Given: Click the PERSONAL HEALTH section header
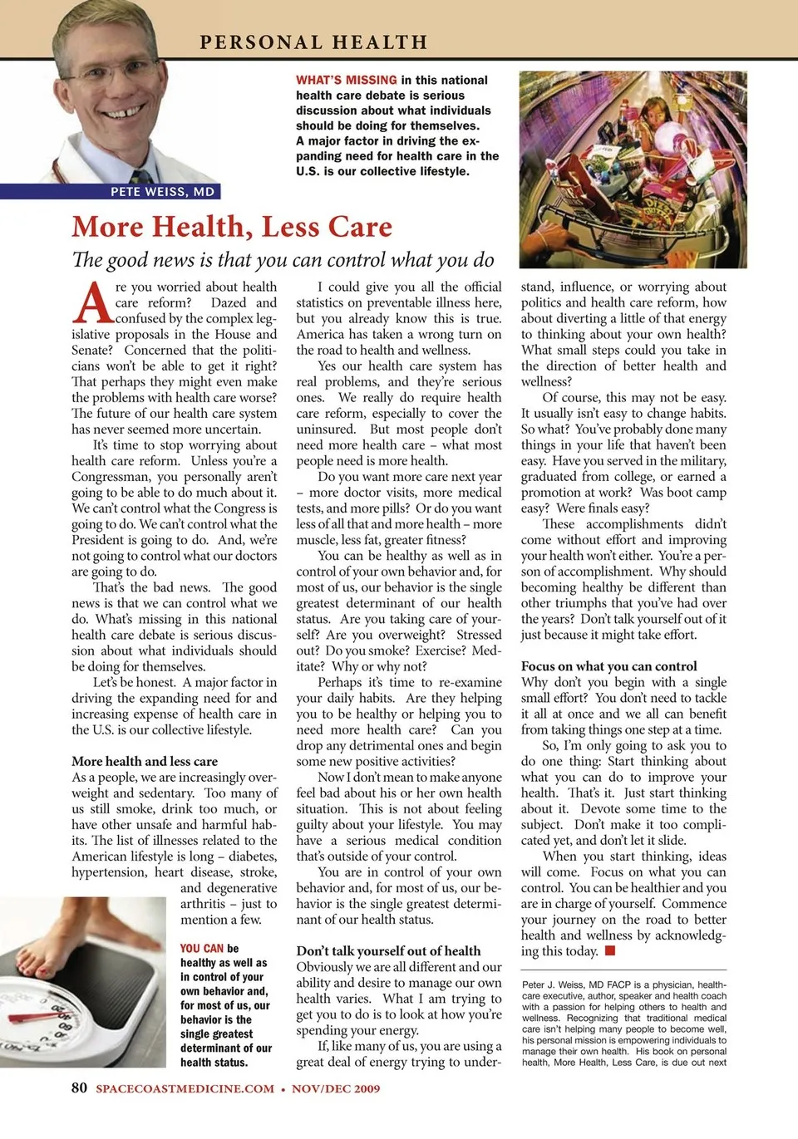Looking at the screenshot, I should (x=313, y=42).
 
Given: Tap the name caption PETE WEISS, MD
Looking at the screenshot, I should (x=162, y=192).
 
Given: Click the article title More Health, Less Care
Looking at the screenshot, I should (x=232, y=227).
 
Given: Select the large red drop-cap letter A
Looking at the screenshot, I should (x=91, y=304).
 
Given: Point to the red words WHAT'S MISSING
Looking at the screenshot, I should (x=346, y=81).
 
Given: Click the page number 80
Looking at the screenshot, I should (x=79, y=1087).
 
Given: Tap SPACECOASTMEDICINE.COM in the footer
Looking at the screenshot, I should (x=185, y=1088).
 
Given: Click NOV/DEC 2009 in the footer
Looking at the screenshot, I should (x=336, y=1088).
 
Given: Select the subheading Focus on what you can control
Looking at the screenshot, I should (x=608, y=666).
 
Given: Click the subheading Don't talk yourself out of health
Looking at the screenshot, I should (x=388, y=951).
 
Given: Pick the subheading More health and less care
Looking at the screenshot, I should (x=145, y=761).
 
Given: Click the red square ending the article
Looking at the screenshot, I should (x=610, y=950).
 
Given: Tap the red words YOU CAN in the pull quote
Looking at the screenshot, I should (x=202, y=949).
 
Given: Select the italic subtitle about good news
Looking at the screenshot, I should (x=283, y=260).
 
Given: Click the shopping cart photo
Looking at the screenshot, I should (x=633, y=169).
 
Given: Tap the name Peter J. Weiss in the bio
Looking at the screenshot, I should (x=552, y=985).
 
